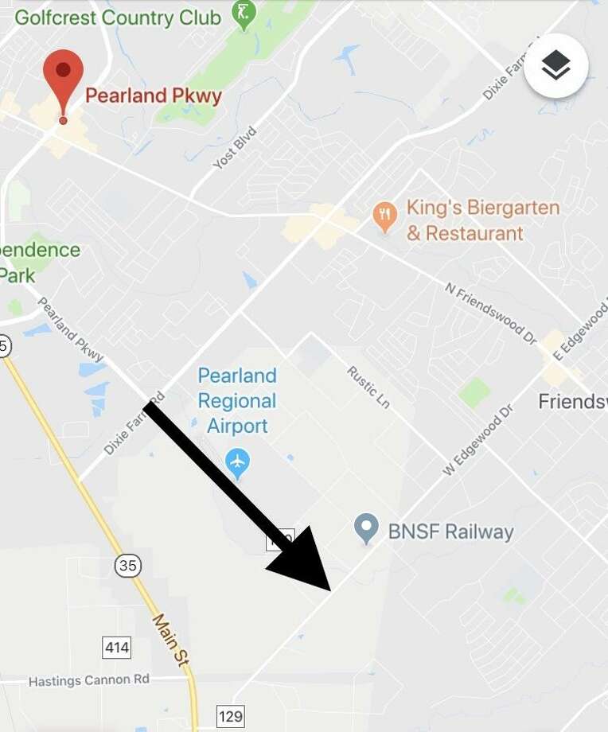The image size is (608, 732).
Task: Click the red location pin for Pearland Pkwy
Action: (x=63, y=78)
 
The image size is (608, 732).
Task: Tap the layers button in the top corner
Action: (x=556, y=66)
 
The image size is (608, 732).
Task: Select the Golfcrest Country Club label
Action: (x=118, y=18)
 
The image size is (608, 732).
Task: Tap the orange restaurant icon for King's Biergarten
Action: (x=385, y=216)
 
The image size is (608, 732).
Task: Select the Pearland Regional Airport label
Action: (x=237, y=400)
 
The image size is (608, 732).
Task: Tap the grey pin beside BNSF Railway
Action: (x=366, y=528)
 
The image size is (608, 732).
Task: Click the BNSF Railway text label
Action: (x=450, y=531)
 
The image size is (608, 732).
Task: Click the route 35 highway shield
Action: (x=127, y=566)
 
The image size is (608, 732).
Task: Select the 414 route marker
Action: (x=117, y=647)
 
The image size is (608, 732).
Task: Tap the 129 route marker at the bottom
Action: (x=231, y=716)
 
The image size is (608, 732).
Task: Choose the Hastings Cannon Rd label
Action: (x=89, y=681)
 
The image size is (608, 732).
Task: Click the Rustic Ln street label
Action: (x=368, y=387)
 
